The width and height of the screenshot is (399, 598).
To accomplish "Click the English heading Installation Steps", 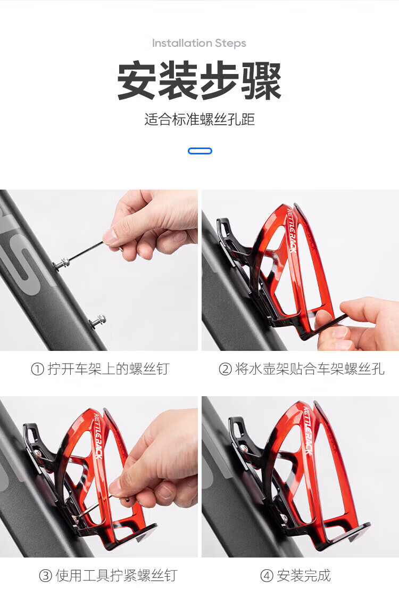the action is click(199, 43).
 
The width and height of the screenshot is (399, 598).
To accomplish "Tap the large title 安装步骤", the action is click(199, 81).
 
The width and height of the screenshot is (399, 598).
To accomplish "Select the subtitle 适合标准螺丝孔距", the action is click(199, 119).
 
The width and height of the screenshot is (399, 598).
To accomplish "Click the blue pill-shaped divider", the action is click(200, 151).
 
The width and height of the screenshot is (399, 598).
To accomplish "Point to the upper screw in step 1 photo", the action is click(62, 263).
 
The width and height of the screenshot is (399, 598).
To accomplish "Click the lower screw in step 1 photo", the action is click(97, 321).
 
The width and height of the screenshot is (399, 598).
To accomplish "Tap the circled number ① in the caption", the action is click(37, 369).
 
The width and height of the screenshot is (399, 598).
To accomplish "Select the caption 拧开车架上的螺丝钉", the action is click(109, 369).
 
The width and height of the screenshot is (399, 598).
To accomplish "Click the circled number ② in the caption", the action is click(225, 369).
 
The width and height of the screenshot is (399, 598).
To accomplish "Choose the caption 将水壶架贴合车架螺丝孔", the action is click(310, 369).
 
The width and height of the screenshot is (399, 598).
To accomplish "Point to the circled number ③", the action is click(45, 576).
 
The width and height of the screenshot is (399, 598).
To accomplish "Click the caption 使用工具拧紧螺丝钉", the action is click(117, 576).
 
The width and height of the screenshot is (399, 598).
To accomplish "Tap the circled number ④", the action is click(267, 576).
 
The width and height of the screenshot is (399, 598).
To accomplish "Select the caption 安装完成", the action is click(304, 576).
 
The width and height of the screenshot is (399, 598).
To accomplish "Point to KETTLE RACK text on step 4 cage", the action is click(307, 431).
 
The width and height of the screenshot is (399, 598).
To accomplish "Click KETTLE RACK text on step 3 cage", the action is click(97, 436).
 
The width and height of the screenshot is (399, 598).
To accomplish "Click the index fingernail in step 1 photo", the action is click(110, 236).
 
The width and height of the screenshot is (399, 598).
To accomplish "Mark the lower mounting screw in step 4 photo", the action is click(284, 518).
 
